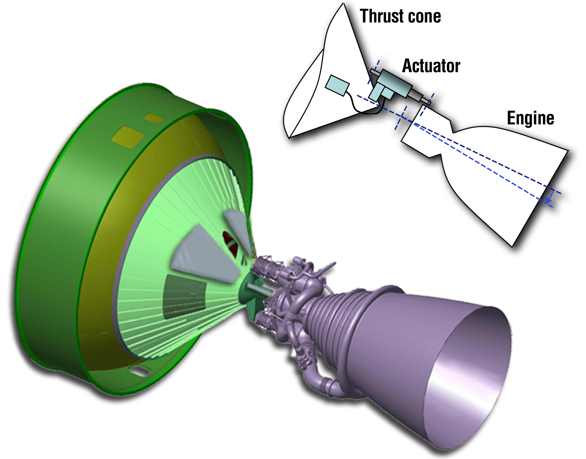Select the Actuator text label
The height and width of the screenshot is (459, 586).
pyautogui.click(x=431, y=66)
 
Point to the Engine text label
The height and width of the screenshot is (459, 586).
pyautogui.click(x=530, y=118)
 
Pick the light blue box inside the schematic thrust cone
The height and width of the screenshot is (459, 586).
pyautogui.click(x=337, y=85)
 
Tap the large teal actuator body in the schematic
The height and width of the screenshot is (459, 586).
pyautogui.click(x=396, y=83)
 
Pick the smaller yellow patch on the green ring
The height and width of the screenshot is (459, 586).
pyautogui.click(x=154, y=118)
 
